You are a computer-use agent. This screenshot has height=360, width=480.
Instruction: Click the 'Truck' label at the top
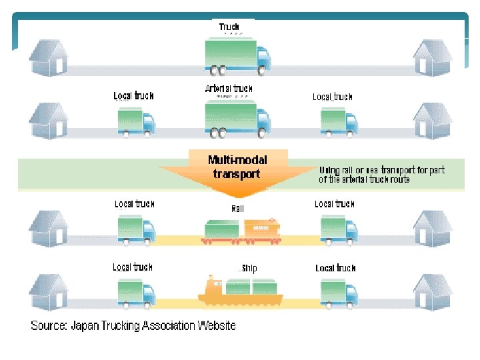click(229, 27)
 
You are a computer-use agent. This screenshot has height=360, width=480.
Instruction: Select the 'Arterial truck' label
click(229, 89)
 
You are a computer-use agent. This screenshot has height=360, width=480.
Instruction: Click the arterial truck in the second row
click(237, 118)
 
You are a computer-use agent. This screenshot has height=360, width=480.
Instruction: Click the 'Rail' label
click(237, 209)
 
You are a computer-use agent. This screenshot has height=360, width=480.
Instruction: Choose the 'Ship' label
click(248, 268)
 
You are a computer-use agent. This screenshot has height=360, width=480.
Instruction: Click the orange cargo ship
click(240, 292)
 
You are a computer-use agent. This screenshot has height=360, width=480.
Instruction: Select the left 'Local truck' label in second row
click(134, 96)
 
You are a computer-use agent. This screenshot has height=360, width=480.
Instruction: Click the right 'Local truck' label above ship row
click(335, 268)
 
